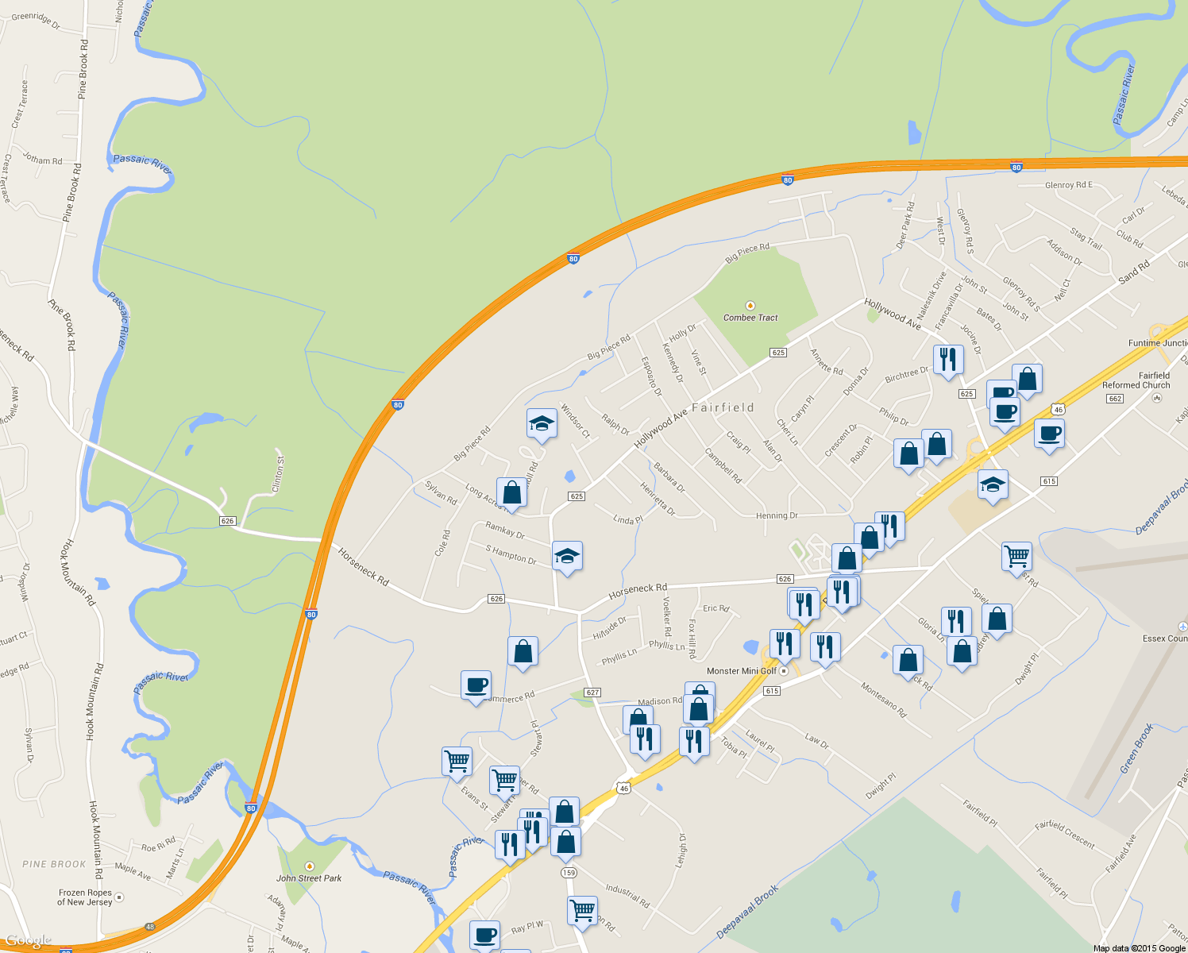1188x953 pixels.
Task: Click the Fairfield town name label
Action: [x=723, y=407]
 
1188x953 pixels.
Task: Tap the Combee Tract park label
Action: [x=750, y=318]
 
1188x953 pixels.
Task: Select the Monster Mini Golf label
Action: [x=742, y=671]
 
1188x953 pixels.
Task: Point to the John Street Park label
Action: [x=309, y=878]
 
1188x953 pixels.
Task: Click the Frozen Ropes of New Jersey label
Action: [x=84, y=897]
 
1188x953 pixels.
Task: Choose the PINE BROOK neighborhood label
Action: [x=54, y=864]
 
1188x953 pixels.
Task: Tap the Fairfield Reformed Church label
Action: [x=1136, y=380]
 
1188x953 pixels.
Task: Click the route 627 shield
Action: [x=592, y=693]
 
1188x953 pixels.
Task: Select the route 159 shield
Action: [x=569, y=873]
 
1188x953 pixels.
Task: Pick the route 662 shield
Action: [x=1115, y=399]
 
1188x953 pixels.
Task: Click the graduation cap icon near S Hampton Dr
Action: [x=567, y=556]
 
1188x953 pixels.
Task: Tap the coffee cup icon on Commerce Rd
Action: [x=476, y=685]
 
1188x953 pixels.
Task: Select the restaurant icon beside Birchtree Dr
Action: [x=947, y=360]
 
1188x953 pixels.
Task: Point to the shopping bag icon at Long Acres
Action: [x=512, y=492]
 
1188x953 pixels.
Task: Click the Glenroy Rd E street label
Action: [x=1068, y=185]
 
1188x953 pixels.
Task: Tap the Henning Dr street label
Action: [x=777, y=515]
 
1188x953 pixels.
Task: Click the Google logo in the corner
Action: [x=29, y=942]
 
